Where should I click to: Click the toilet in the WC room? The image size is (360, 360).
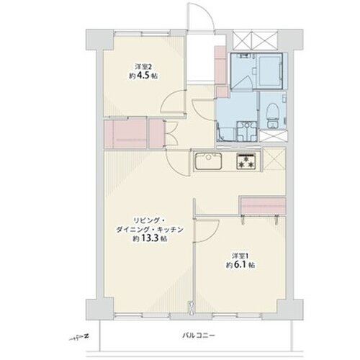[x=273, y=112]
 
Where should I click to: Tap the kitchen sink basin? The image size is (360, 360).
[x=208, y=161]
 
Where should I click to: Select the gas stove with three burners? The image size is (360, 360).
[x=246, y=161]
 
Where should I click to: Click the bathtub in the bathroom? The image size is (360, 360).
[x=270, y=71]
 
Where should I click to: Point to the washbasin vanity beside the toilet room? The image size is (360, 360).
[x=246, y=131]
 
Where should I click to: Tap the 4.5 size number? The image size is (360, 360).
[x=143, y=76]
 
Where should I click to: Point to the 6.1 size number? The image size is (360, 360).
[x=240, y=265]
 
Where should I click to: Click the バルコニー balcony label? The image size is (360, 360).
[x=198, y=336]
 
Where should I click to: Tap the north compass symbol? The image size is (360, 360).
[x=78, y=338]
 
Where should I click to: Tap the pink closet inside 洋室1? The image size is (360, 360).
[x=264, y=206]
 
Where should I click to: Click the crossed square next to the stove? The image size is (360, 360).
[x=274, y=159]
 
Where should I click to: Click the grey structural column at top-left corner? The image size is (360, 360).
[x=99, y=40]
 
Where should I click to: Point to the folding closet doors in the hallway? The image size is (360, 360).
[x=171, y=133]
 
